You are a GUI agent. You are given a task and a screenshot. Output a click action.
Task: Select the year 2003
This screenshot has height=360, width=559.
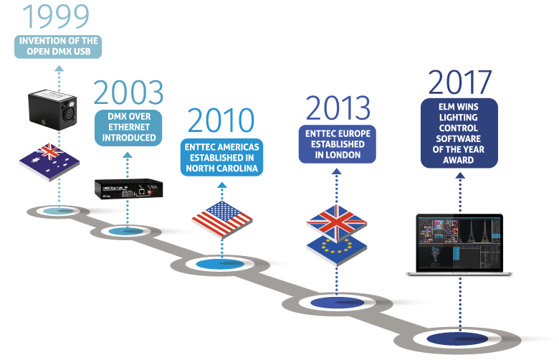(128, 92)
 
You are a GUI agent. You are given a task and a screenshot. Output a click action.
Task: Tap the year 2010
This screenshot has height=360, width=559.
(221, 120)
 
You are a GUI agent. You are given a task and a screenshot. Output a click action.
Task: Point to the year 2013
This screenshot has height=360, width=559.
(338, 108)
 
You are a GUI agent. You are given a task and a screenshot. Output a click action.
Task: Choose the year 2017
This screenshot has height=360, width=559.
(459, 82)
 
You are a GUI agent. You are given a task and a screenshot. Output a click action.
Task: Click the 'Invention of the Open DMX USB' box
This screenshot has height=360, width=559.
(58, 47)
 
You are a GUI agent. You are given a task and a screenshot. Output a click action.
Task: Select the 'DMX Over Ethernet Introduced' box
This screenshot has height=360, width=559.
(128, 128)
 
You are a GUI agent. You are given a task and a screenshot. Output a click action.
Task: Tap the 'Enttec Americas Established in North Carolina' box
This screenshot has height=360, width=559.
(221, 157)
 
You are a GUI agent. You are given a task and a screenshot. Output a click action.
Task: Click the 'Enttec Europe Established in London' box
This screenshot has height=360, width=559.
(338, 144)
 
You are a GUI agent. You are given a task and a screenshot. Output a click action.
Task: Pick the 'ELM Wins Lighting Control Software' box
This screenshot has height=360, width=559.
(459, 133)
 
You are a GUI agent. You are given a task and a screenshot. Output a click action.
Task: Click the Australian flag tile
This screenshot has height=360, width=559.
(49, 161)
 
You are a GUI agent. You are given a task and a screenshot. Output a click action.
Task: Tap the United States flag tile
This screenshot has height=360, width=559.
(222, 219)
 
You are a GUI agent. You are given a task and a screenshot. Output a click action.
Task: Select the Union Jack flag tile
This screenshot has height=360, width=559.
(337, 222)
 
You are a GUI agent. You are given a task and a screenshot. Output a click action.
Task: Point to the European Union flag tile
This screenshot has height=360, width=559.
(337, 250)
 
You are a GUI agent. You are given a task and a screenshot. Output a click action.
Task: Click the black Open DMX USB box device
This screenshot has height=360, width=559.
(52, 110)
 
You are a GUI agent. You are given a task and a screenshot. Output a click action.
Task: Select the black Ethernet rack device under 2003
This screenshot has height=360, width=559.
(129, 189)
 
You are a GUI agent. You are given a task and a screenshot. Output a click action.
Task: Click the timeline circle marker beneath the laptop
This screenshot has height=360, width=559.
(458, 339)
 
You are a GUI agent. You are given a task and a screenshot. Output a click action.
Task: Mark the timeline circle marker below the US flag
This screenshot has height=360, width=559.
(220, 265)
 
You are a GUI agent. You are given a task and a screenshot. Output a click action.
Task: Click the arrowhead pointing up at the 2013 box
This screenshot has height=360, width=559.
(337, 171)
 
